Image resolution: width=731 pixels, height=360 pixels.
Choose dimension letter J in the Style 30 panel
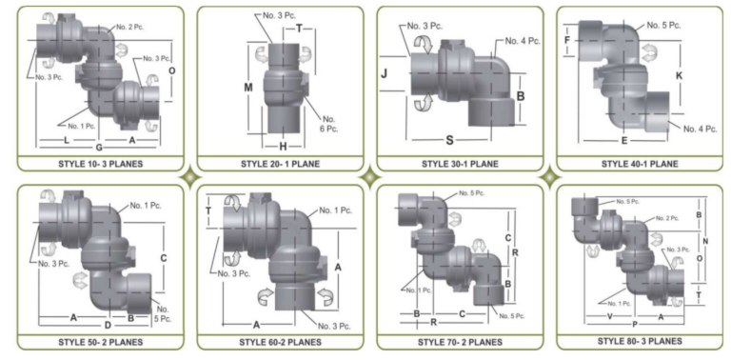pos(385,73)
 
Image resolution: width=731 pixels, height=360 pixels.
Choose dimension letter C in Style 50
pos(164,258)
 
